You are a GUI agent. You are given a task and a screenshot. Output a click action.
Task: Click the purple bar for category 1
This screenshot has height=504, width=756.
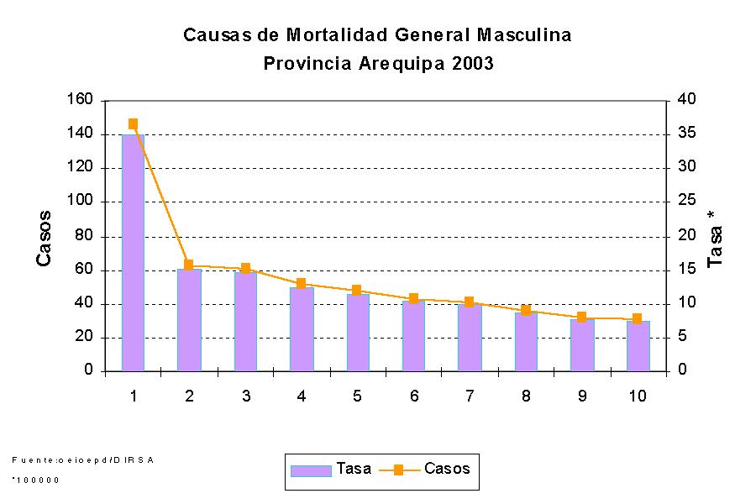133,252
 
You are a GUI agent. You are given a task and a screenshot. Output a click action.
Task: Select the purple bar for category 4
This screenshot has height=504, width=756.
302,328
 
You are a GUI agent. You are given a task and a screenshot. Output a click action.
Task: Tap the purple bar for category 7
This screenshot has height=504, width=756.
470,337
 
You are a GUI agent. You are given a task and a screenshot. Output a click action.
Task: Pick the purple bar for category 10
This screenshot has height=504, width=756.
638,345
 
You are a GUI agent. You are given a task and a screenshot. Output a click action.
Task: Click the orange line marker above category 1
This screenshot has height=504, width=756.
133,123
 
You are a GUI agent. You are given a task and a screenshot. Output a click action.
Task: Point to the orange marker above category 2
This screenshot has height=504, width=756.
189,265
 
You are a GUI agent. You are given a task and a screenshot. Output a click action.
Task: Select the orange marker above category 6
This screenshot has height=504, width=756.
413,298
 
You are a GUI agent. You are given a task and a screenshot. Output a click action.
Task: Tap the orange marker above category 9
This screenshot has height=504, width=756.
581,318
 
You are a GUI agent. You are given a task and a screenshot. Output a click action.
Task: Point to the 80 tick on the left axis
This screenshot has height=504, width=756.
83,236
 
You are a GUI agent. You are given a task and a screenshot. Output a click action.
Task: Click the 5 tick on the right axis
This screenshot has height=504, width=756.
682,337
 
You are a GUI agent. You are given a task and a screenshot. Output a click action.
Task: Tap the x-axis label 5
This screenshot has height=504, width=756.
358,396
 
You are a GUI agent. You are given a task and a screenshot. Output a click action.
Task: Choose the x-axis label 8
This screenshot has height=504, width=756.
526,396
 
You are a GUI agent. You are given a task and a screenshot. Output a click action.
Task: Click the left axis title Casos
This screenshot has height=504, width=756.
44,238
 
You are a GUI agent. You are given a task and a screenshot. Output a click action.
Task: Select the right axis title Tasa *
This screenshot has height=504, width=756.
715,239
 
